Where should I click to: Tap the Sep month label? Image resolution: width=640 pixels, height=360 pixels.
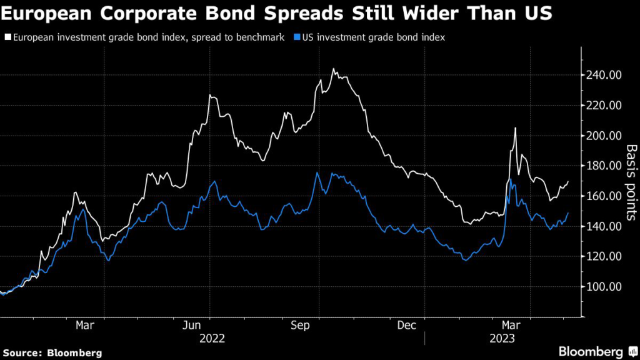pyautogui.click(x=302, y=326)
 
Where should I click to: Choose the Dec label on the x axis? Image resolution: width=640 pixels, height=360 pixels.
pyautogui.click(x=407, y=326)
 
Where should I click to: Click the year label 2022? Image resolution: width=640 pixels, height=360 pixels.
pyautogui.click(x=211, y=339)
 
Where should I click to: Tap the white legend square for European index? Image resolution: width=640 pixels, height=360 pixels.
pyautogui.click(x=7, y=38)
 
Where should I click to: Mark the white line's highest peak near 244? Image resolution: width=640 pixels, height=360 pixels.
pyautogui.click(x=334, y=69)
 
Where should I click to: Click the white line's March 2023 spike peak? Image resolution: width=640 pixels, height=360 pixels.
pyautogui.click(x=515, y=128)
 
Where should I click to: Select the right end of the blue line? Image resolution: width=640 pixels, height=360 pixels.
pyautogui.click(x=568, y=213)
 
